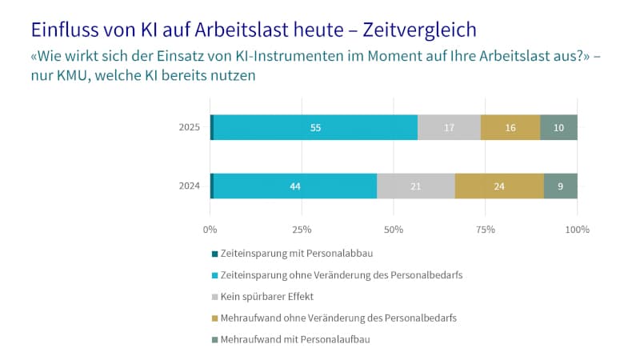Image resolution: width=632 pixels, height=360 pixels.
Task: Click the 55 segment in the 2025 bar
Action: [315, 127]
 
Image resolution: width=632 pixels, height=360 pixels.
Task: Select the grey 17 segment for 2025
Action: [449, 127]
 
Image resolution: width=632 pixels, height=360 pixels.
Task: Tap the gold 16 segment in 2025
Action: [510, 127]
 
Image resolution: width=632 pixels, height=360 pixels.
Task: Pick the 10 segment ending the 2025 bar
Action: [558, 127]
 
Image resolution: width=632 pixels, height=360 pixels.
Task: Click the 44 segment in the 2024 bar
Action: [295, 186]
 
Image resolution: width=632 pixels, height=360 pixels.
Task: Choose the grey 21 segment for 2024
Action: [415, 186]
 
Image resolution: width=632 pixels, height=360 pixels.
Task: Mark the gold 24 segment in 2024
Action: [499, 186]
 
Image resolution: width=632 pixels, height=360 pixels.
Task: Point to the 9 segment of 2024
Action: [560, 186]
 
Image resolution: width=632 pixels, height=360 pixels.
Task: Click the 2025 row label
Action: [190, 127]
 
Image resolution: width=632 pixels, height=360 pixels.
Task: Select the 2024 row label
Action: [190, 186]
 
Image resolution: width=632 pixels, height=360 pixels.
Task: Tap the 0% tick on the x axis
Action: [210, 230]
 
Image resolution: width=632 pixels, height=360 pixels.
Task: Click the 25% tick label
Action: [302, 230]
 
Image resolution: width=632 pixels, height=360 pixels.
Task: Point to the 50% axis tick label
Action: [394, 230]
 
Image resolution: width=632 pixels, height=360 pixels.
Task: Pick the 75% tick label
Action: [486, 230]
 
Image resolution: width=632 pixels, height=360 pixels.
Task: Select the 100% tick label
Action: [577, 230]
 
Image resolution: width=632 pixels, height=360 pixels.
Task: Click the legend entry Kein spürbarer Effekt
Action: [267, 296]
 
